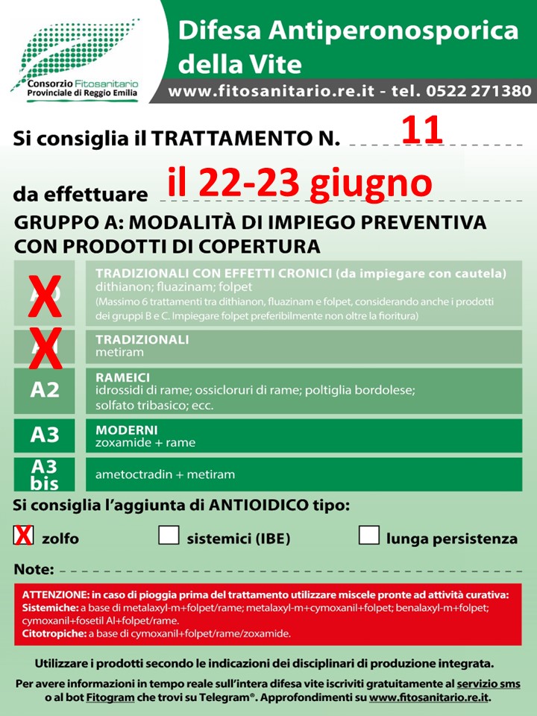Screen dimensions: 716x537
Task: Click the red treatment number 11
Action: coord(423,130)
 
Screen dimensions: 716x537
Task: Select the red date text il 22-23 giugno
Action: coord(300,183)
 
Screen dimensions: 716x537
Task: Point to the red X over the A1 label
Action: coord(45,348)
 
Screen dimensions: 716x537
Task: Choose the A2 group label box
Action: coord(45,389)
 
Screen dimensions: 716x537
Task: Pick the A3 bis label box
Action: coord(45,474)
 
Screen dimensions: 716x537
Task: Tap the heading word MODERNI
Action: coord(126,430)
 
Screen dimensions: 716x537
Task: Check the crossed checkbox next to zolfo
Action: coord(24,536)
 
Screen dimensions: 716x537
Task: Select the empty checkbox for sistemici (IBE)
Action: coord(169,536)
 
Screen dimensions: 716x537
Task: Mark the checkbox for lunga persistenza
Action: coord(369,536)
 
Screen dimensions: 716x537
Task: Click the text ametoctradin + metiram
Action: coord(165,474)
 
